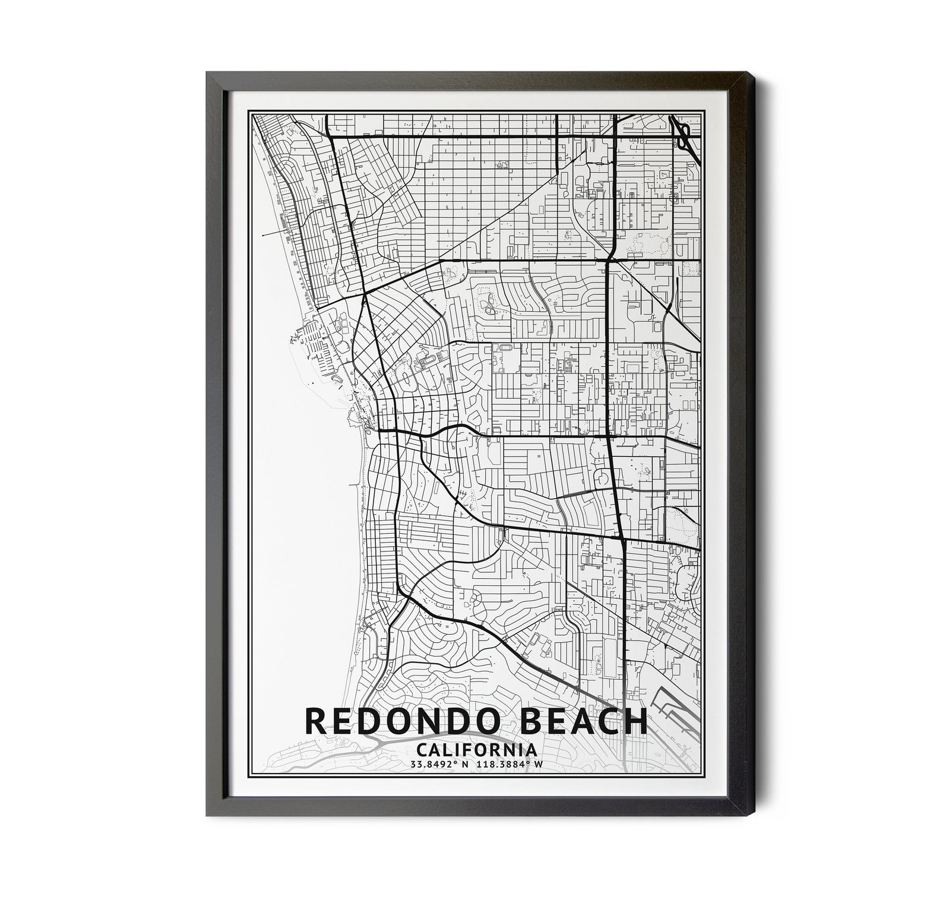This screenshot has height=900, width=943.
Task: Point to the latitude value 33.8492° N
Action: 439,764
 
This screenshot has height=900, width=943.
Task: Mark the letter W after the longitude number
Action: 538,764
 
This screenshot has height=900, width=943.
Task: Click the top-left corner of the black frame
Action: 207,72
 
